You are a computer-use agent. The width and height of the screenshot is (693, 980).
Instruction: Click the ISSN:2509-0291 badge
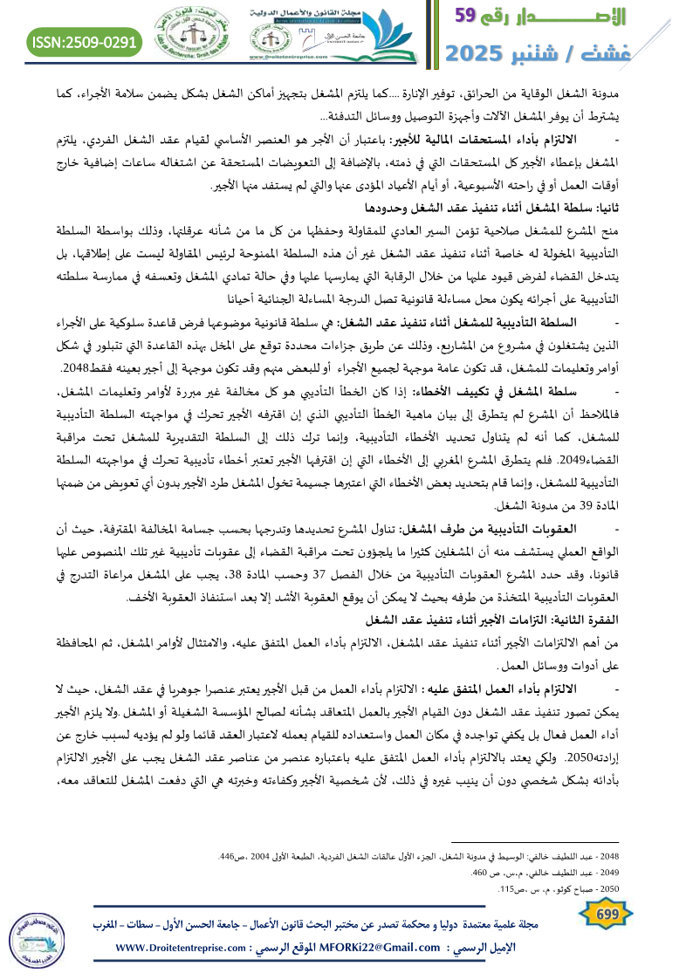[x=85, y=41]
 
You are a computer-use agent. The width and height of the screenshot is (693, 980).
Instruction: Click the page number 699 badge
[x=605, y=913]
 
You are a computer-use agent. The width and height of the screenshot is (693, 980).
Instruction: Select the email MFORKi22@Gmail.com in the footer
[x=372, y=948]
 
